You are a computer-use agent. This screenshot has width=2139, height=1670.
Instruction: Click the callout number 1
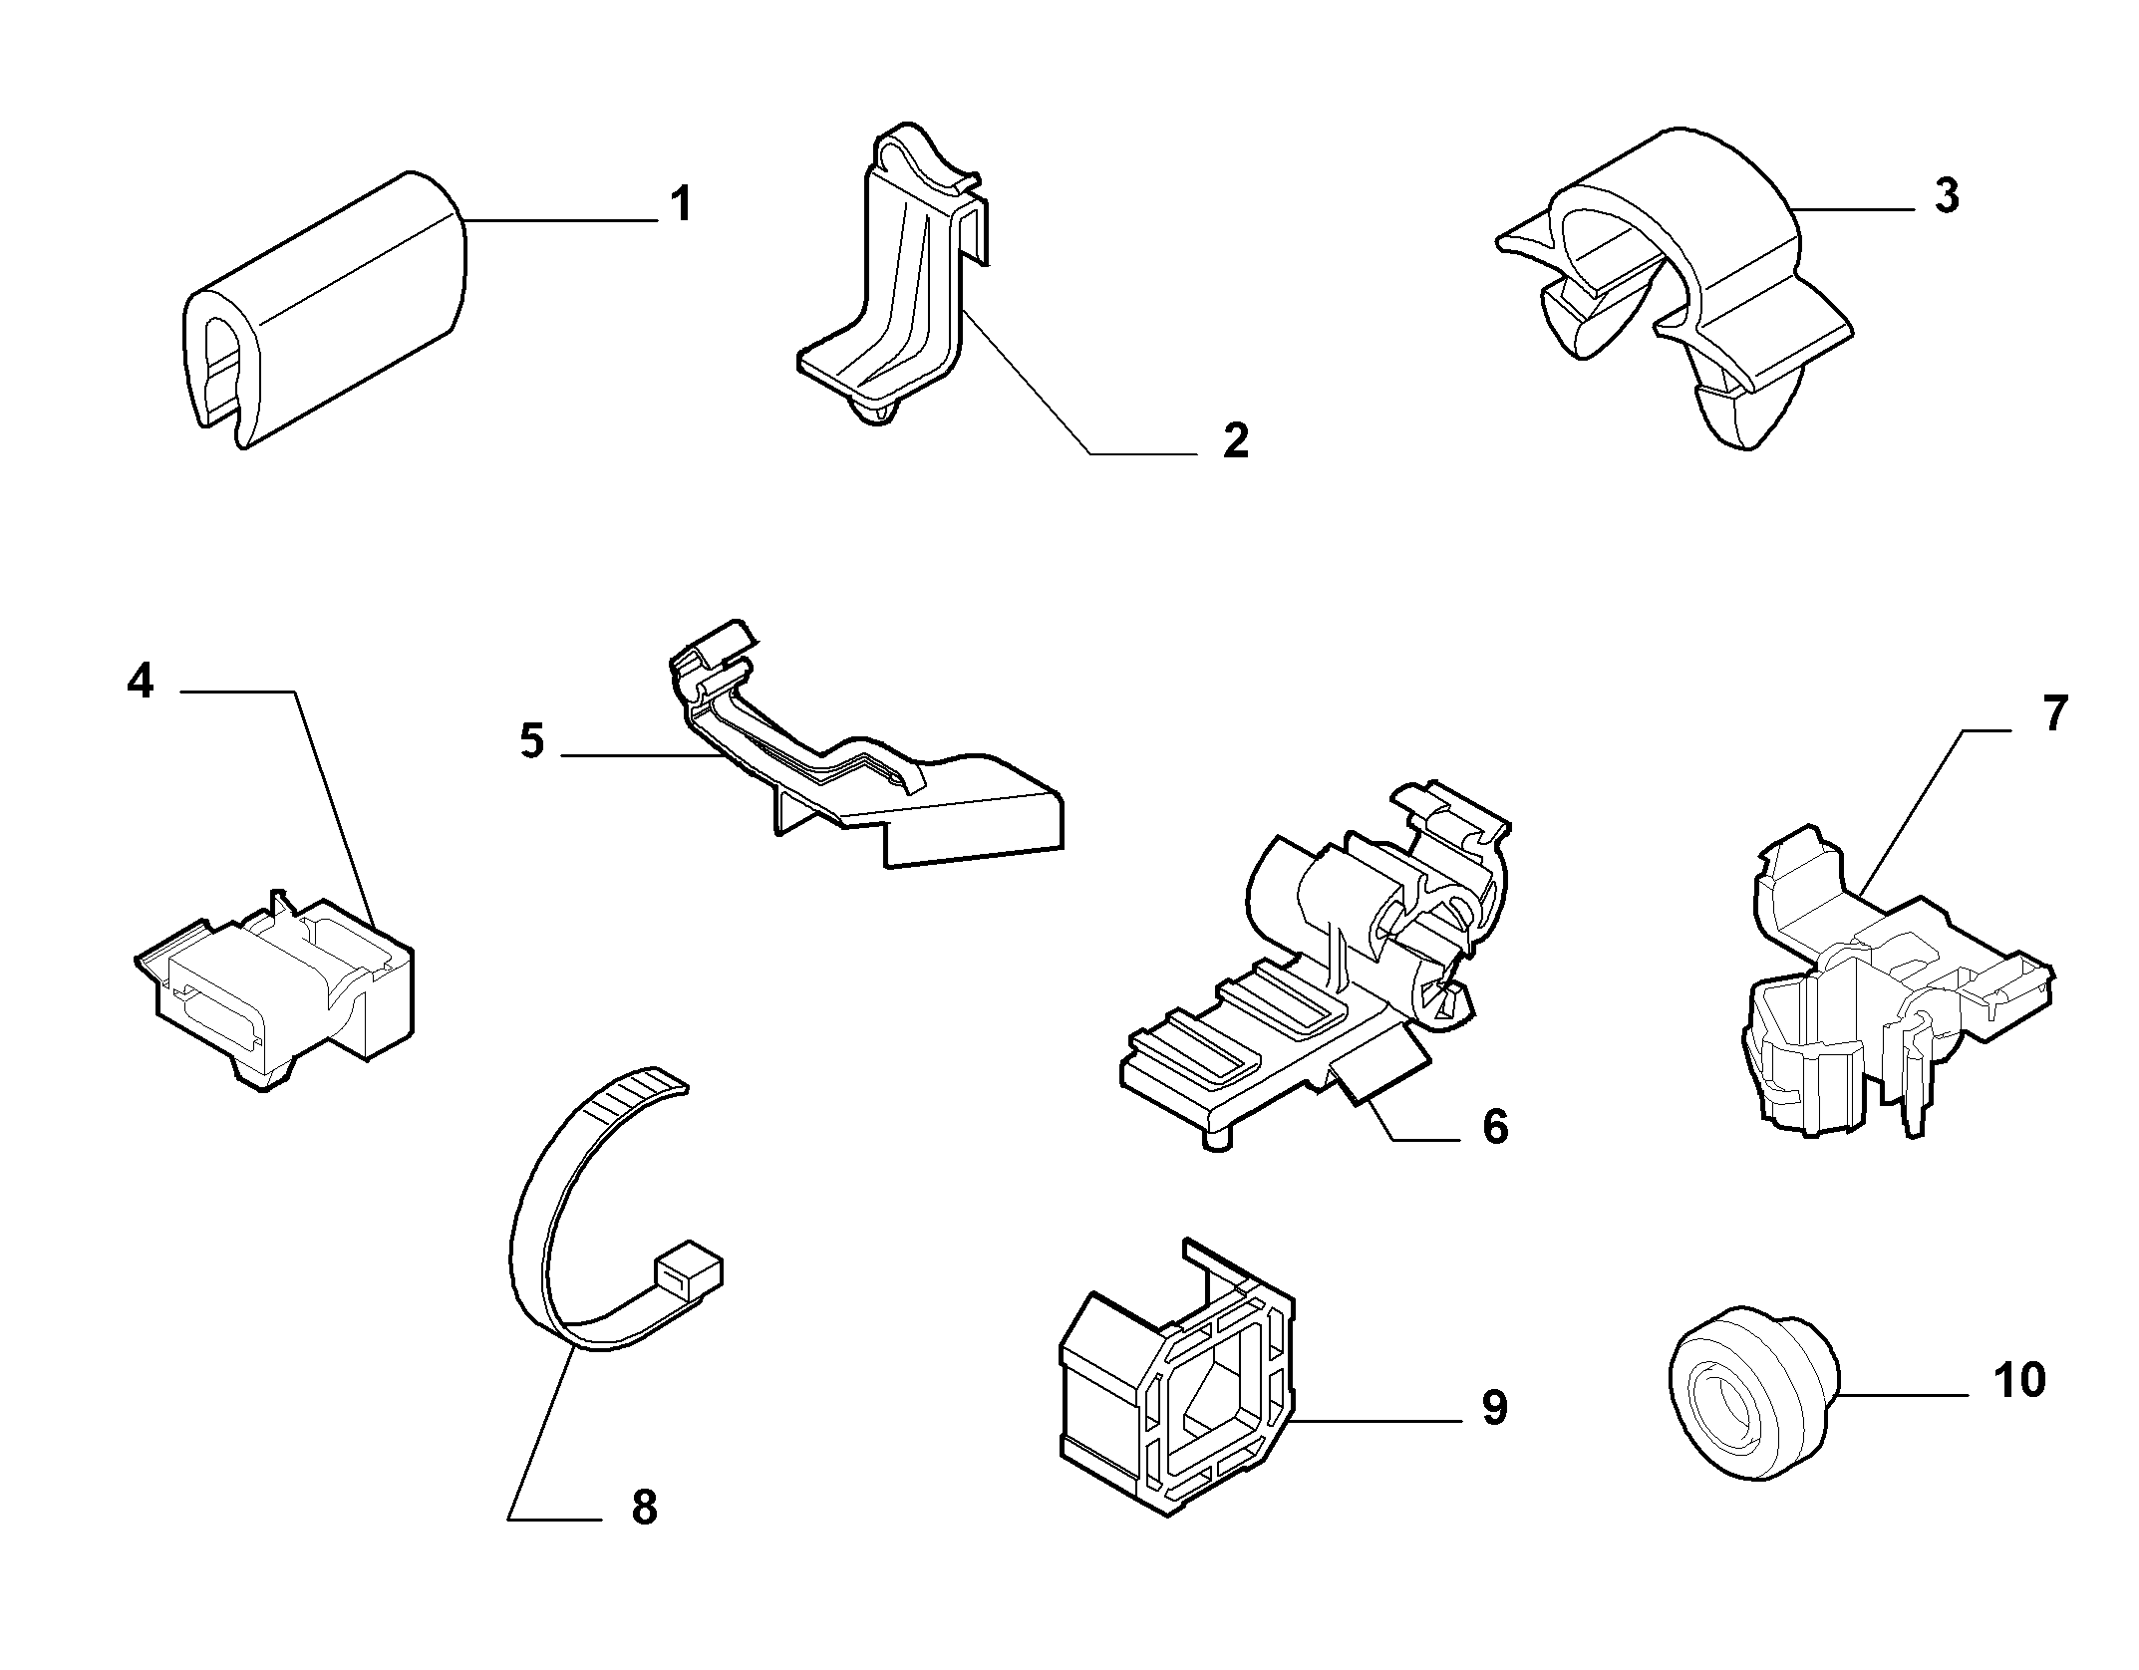tap(681, 204)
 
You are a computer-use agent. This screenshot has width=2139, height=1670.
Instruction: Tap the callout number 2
tap(1236, 440)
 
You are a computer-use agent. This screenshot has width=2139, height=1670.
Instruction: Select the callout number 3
tap(1947, 196)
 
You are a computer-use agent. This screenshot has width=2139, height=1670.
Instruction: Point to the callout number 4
tap(141, 682)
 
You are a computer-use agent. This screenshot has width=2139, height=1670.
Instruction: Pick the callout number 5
tap(532, 742)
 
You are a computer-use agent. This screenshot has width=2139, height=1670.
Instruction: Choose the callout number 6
tap(1495, 1127)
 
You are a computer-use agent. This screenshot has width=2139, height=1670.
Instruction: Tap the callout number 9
tap(1494, 1408)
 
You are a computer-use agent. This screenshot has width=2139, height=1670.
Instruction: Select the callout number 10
tap(2019, 1380)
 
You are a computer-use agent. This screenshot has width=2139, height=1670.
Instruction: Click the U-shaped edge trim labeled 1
tap(325, 309)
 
